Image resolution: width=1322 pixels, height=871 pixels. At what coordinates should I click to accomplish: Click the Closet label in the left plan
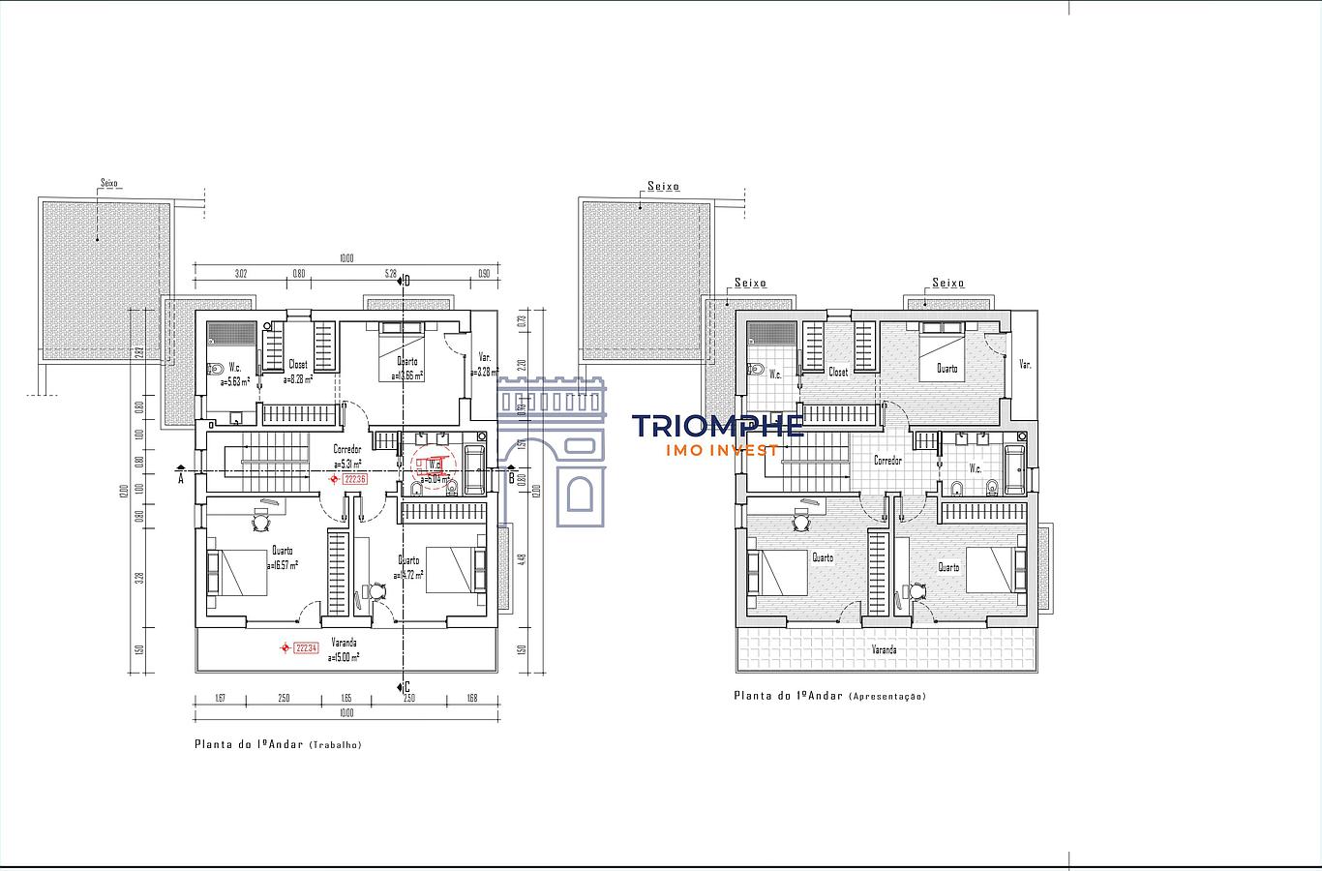click(x=298, y=365)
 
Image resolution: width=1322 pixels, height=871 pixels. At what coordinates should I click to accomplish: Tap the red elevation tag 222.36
click(x=354, y=479)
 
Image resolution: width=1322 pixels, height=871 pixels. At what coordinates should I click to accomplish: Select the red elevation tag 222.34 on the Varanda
click(x=306, y=648)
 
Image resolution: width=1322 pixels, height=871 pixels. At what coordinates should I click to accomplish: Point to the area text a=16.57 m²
click(x=282, y=564)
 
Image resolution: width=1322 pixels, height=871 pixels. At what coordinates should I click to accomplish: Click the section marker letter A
click(x=181, y=477)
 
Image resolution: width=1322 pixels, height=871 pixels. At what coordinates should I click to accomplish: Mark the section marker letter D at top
click(x=407, y=281)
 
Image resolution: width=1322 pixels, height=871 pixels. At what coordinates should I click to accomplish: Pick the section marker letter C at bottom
click(x=407, y=687)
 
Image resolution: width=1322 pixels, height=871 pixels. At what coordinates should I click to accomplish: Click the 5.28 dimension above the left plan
click(x=391, y=274)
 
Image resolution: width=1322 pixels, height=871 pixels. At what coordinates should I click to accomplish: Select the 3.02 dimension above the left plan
click(x=241, y=274)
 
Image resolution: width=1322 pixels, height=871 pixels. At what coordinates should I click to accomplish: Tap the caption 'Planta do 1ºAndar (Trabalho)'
click(x=278, y=744)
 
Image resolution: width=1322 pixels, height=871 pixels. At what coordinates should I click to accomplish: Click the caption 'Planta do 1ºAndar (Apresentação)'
click(x=829, y=696)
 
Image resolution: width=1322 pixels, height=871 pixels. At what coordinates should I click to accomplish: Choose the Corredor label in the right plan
click(x=887, y=461)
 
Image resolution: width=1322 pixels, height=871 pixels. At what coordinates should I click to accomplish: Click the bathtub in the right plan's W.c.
click(x=1014, y=468)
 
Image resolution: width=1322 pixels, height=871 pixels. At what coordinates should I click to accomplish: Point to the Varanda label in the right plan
click(x=884, y=649)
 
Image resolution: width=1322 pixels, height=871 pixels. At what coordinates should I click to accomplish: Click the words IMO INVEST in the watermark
click(x=724, y=450)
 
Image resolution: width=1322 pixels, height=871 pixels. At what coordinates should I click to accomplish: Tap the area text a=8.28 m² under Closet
click(x=299, y=380)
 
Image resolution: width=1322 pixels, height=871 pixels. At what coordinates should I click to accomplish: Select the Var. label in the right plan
click(x=1025, y=365)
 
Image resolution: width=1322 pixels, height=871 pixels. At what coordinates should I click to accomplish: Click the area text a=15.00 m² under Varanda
click(x=344, y=657)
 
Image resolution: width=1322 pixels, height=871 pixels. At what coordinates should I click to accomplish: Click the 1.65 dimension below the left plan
click(x=346, y=698)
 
